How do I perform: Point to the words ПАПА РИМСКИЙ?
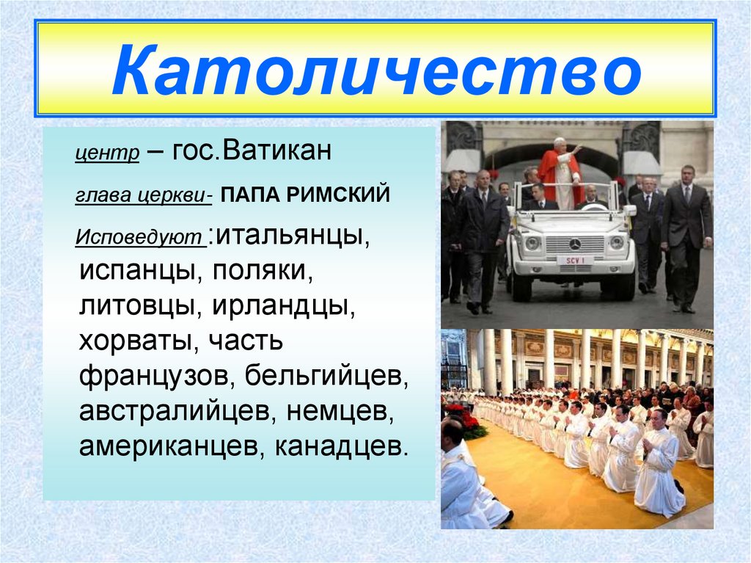click(x=303, y=196)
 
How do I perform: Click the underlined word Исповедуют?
click(x=139, y=238)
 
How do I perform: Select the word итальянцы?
click(x=290, y=236)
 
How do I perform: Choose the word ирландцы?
click(x=285, y=306)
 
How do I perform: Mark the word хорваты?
click(x=137, y=341)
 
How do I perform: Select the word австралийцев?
click(x=175, y=412)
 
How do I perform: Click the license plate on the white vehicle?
click(x=575, y=261)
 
